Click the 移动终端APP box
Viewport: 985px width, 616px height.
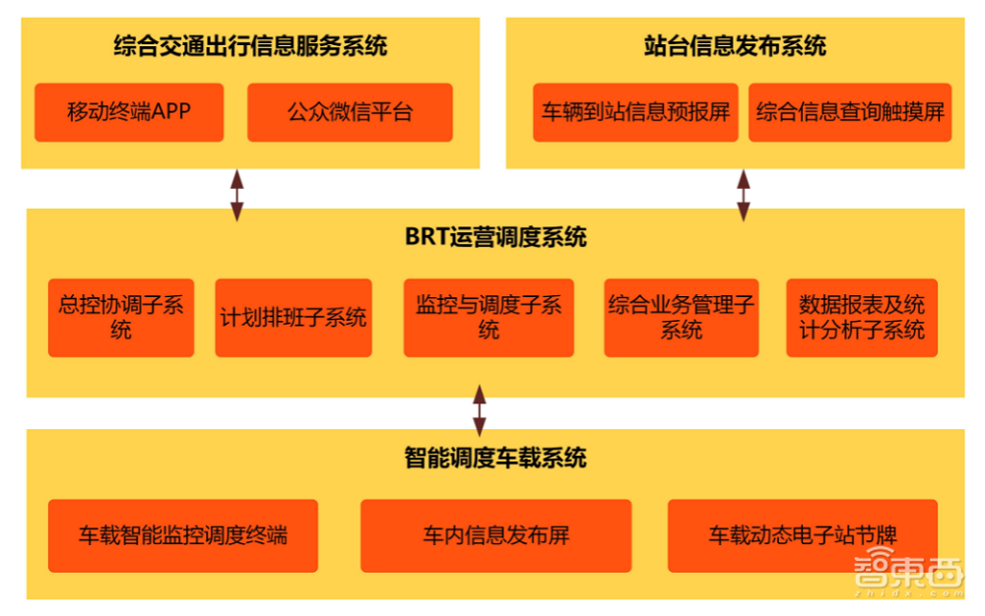(129, 112)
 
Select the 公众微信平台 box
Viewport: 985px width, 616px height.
(350, 112)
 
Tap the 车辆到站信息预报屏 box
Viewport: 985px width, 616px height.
(635, 112)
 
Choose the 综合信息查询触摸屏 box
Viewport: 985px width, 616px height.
(850, 112)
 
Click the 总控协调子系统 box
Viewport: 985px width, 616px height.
(121, 317)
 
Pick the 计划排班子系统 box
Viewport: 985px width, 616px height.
(294, 317)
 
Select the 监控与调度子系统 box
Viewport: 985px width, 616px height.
(489, 317)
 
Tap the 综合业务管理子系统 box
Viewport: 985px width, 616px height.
(681, 317)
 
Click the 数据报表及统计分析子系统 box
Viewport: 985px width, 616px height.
(862, 317)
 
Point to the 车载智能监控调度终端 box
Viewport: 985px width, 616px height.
(183, 535)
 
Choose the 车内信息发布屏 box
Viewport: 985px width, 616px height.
(495, 535)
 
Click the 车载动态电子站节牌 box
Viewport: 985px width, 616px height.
(803, 535)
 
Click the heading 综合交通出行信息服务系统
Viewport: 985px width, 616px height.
(250, 46)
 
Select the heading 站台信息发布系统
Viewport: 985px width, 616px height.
(735, 46)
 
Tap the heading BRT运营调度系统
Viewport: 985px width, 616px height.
(495, 237)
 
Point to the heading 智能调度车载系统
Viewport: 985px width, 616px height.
(495, 458)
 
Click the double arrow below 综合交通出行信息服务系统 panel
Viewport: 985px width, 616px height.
(236, 194)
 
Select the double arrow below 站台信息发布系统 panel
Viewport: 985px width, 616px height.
(744, 194)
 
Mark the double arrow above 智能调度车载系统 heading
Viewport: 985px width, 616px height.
(479, 410)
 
